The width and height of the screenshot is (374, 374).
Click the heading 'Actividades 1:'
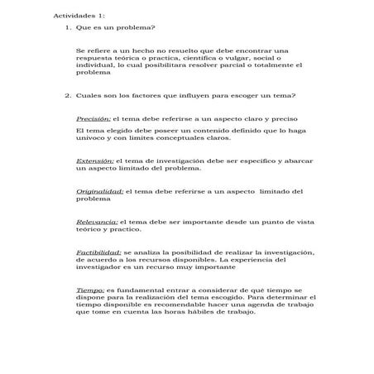click(79, 16)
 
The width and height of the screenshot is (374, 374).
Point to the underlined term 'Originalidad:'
click(99, 191)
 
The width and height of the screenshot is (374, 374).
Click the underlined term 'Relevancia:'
click(97, 222)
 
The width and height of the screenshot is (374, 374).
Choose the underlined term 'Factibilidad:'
click(98, 252)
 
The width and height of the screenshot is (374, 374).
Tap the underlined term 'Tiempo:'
click(90, 290)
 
